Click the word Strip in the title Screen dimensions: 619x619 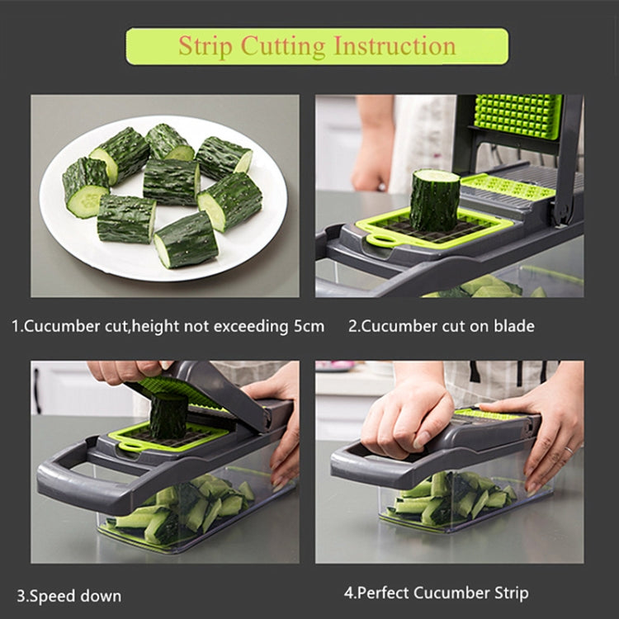coord(206,46)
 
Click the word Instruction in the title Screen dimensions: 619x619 coord(394,46)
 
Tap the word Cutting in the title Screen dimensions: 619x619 coord(283,46)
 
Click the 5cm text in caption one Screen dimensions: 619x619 coord(304,326)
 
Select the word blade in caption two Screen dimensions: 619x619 coord(513,326)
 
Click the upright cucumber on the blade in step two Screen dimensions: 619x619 coord(435,200)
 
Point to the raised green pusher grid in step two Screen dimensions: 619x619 coord(518,116)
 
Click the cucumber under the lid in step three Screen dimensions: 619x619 coord(168,415)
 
